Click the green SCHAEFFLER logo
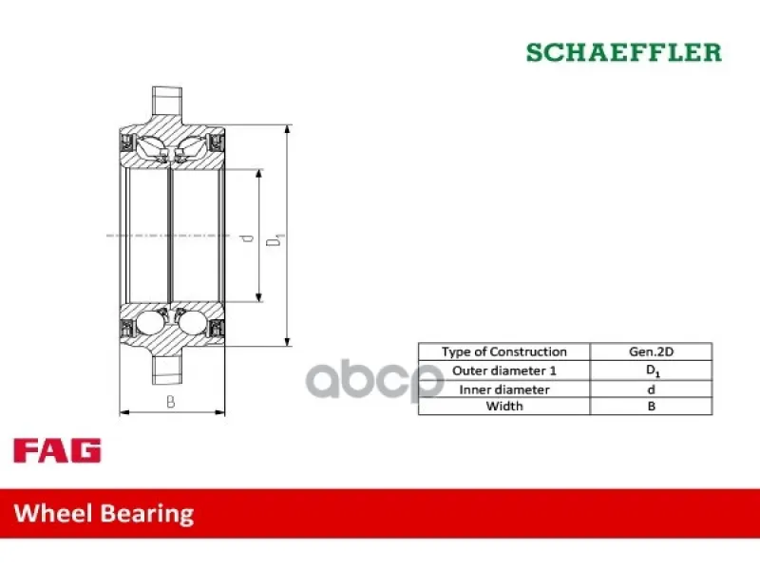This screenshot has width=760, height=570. pos(624,52)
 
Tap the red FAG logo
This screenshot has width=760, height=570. pos(57,450)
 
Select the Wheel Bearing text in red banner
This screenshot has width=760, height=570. pos(104,514)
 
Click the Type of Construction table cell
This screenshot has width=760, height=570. pos(504,351)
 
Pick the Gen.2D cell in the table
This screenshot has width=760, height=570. pos(651,351)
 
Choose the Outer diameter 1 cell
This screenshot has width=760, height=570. pos(504,370)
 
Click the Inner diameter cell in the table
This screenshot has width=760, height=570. pos(504,389)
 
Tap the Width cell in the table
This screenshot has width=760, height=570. pos(504,407)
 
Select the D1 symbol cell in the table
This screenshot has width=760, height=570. pos(651,370)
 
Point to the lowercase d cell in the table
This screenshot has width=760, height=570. pos(651,389)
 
